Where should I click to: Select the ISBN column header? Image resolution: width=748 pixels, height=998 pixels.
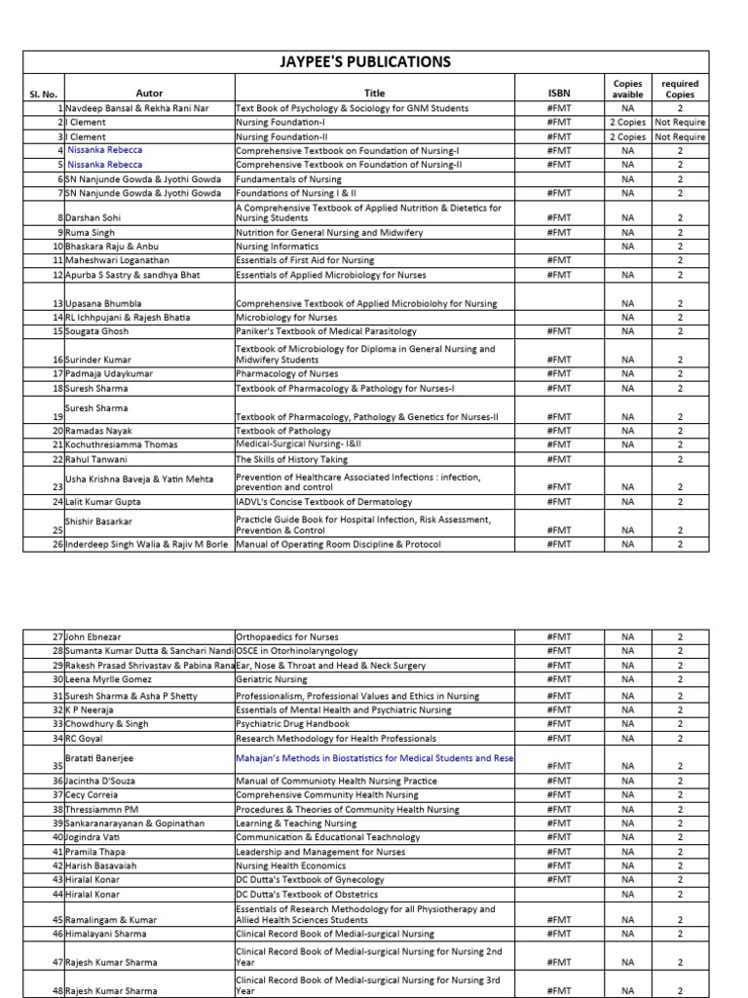(x=560, y=94)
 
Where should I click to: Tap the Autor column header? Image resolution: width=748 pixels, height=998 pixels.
(x=149, y=94)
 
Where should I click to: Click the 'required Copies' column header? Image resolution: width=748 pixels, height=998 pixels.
(x=680, y=89)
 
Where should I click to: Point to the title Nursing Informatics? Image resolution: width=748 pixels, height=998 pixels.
(x=278, y=247)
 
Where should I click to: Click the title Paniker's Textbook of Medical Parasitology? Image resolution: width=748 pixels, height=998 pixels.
(x=325, y=331)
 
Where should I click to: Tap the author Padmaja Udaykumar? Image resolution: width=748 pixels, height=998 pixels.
(x=111, y=374)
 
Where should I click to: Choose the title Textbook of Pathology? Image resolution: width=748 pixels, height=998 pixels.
(x=282, y=431)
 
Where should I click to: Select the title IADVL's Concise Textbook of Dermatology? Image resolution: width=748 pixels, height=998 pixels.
(x=323, y=502)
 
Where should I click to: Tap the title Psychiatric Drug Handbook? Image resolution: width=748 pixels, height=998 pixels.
(x=293, y=724)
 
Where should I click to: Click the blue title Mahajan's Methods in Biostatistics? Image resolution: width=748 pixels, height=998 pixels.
(x=374, y=757)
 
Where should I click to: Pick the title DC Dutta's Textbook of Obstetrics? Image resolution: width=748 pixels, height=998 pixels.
(x=310, y=894)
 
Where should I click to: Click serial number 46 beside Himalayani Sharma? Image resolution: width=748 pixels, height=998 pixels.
(x=57, y=934)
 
